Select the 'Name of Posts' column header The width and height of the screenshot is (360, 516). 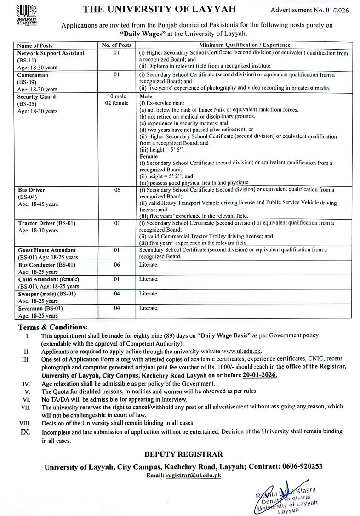click(35, 45)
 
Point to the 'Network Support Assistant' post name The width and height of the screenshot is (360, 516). click(51, 53)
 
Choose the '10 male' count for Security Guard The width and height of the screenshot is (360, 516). click(116, 97)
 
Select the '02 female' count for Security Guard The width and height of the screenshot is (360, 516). click(116, 104)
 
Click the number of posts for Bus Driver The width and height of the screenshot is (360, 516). click(116, 190)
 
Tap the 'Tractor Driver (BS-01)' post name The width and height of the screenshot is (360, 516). click(46, 223)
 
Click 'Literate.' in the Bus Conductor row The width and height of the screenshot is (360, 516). click(149, 265)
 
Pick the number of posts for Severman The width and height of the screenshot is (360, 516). click(116, 308)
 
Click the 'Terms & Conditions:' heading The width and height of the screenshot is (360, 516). click(52, 327)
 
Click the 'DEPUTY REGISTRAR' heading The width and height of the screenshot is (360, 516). click(183, 454)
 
